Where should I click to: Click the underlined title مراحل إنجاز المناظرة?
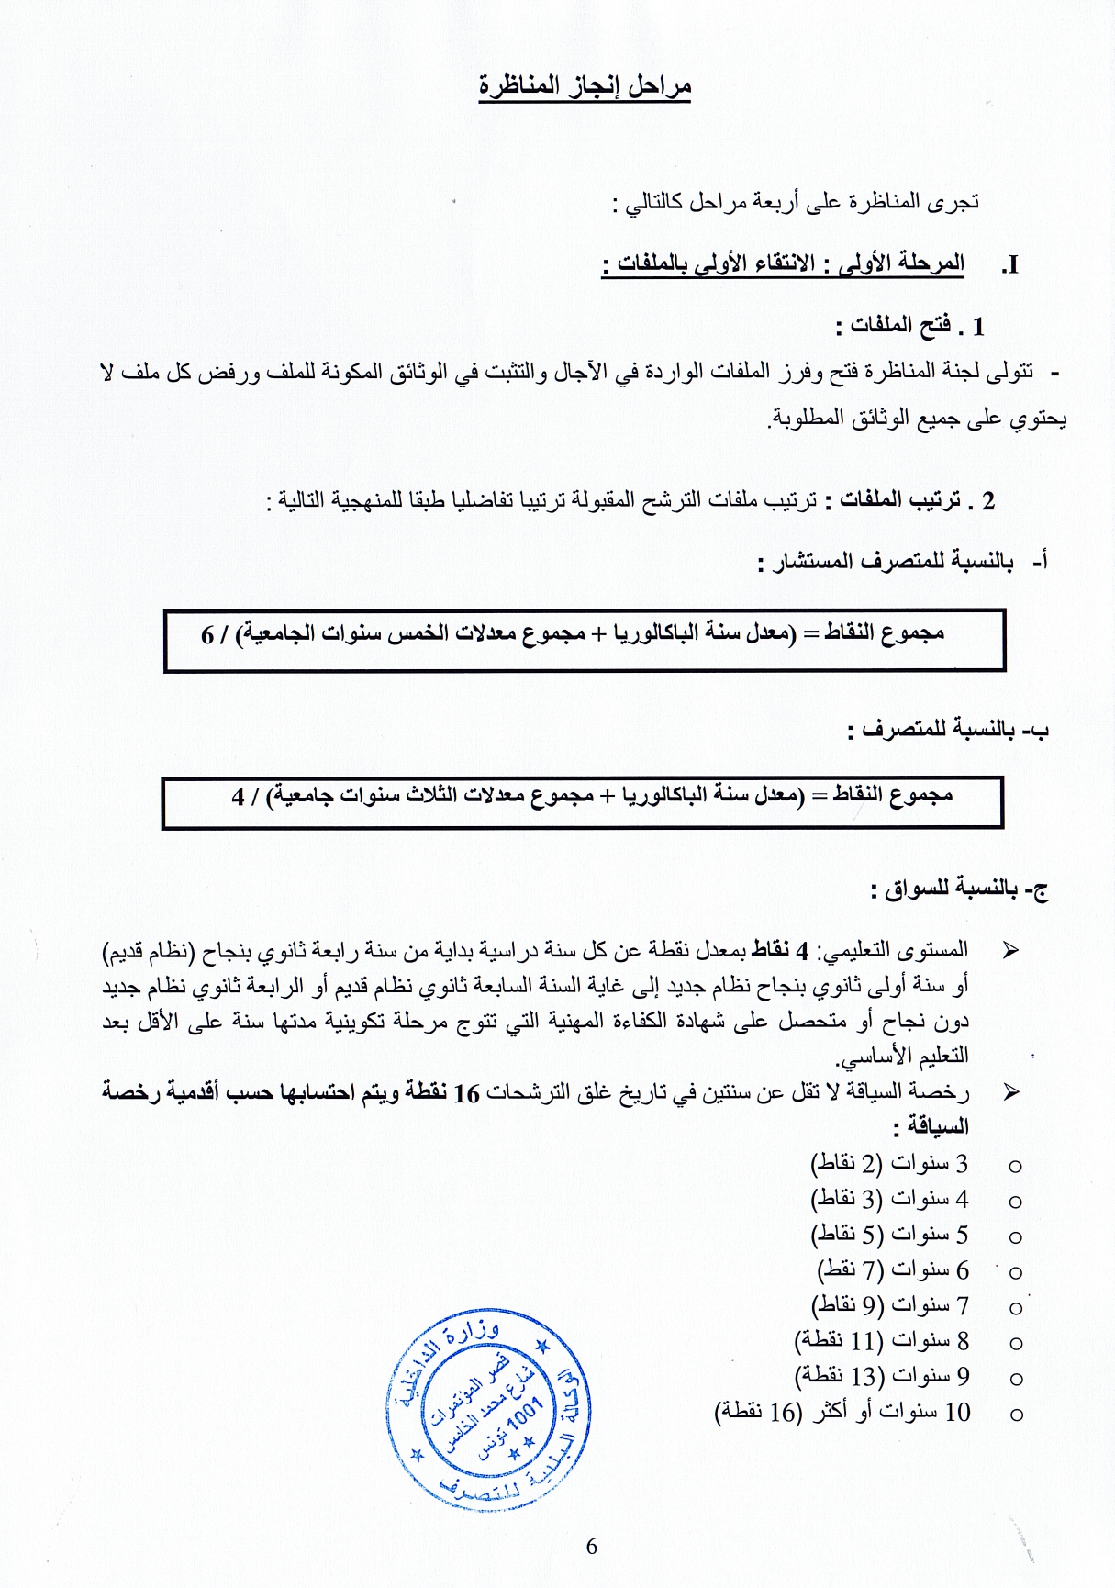pos(585,86)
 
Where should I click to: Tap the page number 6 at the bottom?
pos(591,1547)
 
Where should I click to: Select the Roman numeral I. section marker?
pos(1009,265)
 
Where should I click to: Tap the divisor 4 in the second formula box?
pos(239,796)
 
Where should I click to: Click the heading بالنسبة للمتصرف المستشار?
pos(895,561)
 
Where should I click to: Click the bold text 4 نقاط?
pos(781,949)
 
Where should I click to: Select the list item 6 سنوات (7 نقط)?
pos(892,1270)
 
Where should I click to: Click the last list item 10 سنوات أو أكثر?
pos(842,1413)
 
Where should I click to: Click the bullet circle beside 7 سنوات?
pos(1015,1307)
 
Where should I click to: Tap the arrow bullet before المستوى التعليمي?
pos(1011,950)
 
